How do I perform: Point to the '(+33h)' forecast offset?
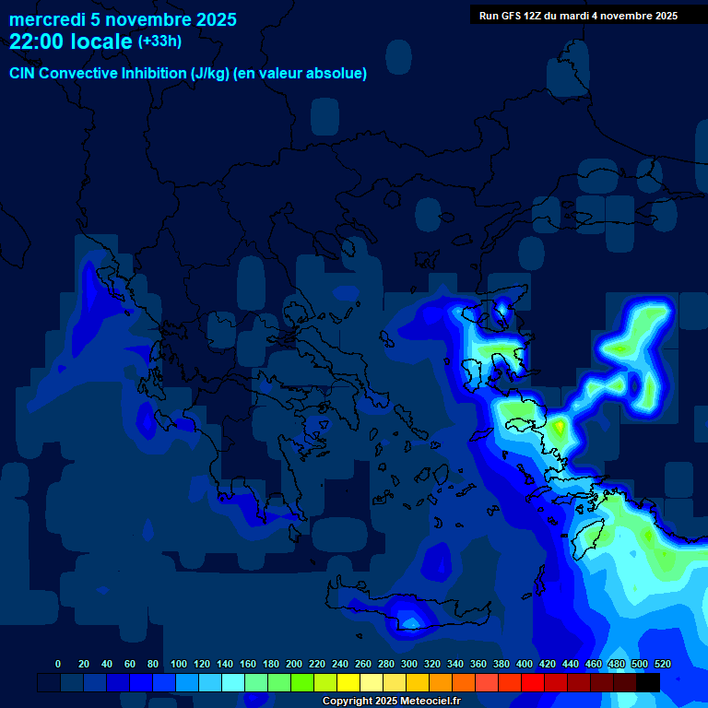pyautogui.click(x=159, y=41)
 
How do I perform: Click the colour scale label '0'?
pyautogui.click(x=58, y=664)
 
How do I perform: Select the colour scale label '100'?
pyautogui.click(x=179, y=664)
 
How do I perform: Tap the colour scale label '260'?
pyautogui.click(x=363, y=664)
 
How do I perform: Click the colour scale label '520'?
pyautogui.click(x=662, y=664)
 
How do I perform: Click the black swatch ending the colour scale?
pyautogui.click(x=648, y=682)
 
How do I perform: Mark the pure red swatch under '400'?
pyautogui.click(x=533, y=682)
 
